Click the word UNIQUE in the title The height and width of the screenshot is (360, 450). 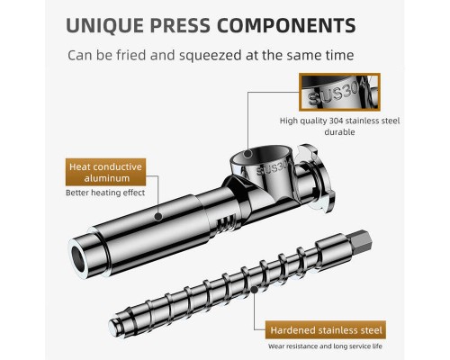tap(104, 25)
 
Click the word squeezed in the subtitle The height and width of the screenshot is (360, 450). tap(210, 56)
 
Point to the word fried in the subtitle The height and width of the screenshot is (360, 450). tap(131, 55)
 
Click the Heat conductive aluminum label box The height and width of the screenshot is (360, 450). tap(105, 172)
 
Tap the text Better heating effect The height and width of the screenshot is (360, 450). tap(105, 193)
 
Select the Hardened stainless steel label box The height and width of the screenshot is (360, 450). tap(326, 330)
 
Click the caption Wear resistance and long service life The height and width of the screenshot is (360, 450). tap(325, 346)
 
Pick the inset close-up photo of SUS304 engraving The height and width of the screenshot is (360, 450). tap(339, 92)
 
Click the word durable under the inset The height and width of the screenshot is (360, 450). tap(339, 132)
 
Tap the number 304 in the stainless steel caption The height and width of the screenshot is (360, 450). tap(336, 121)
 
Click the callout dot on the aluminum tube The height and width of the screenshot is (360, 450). tap(158, 216)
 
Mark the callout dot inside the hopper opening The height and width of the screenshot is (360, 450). tap(247, 154)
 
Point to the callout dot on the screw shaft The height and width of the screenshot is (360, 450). tap(254, 290)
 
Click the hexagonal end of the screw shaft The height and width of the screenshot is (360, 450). tap(361, 242)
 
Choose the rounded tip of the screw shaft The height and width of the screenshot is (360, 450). tap(115, 326)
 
